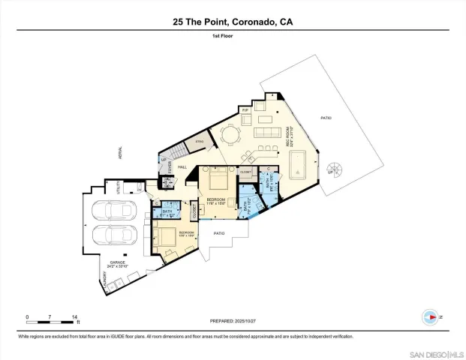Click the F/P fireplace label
[245, 109]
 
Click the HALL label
[182, 167]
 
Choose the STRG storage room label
[200, 141]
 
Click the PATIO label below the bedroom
[219, 233]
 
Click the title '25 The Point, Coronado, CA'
[233, 22]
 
